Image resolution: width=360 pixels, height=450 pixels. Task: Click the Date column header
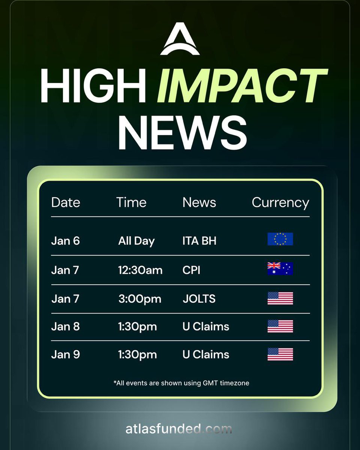(x=66, y=202)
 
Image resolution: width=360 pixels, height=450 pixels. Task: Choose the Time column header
(x=131, y=202)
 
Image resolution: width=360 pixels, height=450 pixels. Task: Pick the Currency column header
(x=280, y=202)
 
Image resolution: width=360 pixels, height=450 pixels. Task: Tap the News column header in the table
(x=199, y=202)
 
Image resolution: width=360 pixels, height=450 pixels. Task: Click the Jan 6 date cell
(x=65, y=241)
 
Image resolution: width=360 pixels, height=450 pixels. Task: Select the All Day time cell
(x=136, y=241)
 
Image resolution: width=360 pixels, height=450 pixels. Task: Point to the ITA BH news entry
(x=199, y=241)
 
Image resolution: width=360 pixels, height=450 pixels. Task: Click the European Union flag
(x=280, y=239)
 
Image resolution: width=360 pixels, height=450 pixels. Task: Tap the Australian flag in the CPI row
(x=280, y=268)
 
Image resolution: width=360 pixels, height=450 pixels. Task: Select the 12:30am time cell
(x=140, y=270)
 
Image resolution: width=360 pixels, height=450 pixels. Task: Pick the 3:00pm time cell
(x=139, y=299)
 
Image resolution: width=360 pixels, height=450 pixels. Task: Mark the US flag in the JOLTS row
(x=280, y=298)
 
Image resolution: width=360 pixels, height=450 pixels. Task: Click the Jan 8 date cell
(x=65, y=327)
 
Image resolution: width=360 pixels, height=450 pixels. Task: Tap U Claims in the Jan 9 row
(x=205, y=354)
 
